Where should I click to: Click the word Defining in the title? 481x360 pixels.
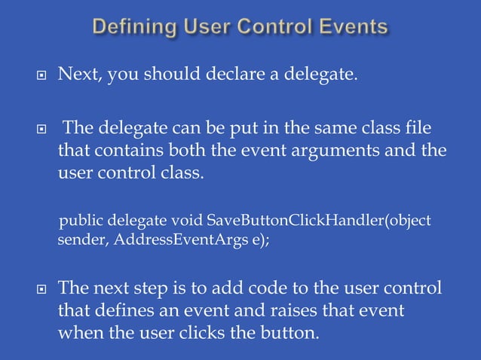click(135, 28)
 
